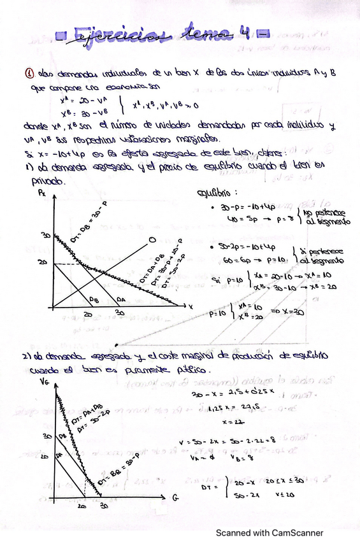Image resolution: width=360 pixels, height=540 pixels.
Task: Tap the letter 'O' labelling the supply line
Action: coord(151,241)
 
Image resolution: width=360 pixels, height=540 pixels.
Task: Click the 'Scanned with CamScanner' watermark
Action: coord(269,532)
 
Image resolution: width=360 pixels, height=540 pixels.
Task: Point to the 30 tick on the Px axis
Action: coord(45,235)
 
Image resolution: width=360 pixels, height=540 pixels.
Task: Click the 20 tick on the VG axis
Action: coord(44,457)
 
